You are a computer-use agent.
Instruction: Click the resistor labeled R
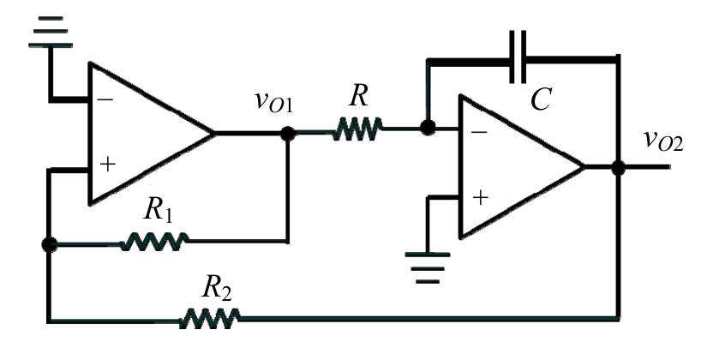pos(357,129)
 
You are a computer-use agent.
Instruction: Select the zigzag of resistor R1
pos(153,242)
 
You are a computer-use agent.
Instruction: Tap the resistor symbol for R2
pos(210,318)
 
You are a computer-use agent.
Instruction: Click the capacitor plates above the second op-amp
pos(518,57)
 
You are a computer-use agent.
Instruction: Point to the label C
pos(541,99)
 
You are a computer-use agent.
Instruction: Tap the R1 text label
pos(158,210)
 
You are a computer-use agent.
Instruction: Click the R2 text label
pos(217,287)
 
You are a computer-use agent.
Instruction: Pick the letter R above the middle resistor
pos(358,96)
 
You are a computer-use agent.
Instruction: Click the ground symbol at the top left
pos(51,32)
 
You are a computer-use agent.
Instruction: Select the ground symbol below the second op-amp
pos(428,267)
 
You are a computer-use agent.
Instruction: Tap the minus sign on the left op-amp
pos(105,99)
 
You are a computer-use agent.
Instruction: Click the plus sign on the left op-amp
pos(107,164)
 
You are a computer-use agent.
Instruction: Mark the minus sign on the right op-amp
pos(479,132)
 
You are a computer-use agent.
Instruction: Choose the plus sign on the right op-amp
pos(480,197)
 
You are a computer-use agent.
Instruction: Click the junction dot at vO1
pos(287,134)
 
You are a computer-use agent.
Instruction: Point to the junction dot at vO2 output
pos(618,168)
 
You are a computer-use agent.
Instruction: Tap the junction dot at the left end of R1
pos(49,244)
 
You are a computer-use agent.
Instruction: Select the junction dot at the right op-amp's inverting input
pos(428,128)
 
